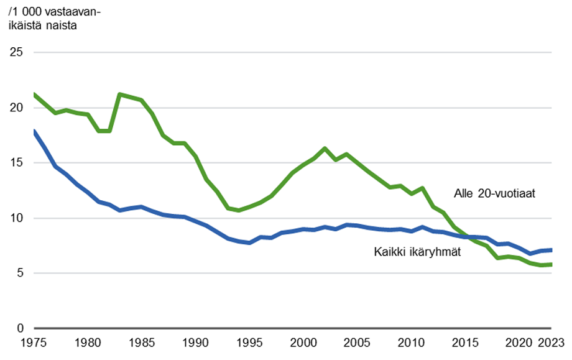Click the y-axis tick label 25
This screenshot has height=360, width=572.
coord(17,52)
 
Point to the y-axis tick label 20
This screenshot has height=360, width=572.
coord(17,108)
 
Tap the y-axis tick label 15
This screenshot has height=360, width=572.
coord(17,163)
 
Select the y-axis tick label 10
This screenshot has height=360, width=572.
coord(17,218)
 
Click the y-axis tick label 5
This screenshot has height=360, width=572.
coord(20,273)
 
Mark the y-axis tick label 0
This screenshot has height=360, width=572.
coord(20,328)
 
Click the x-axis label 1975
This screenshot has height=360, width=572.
coord(34,343)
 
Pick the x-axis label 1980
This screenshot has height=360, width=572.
coord(88,343)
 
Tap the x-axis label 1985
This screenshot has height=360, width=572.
coord(142,343)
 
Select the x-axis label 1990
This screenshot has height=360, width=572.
coord(196,343)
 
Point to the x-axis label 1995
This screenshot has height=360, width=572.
coord(249,343)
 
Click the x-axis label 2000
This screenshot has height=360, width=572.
coord(303,343)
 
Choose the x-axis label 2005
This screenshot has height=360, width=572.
coord(357,343)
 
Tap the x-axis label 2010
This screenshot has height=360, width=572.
coord(411,343)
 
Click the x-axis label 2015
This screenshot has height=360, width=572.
coord(465,343)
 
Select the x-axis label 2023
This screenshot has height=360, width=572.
coord(551,343)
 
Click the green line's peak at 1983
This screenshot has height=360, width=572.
coord(120,94)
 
